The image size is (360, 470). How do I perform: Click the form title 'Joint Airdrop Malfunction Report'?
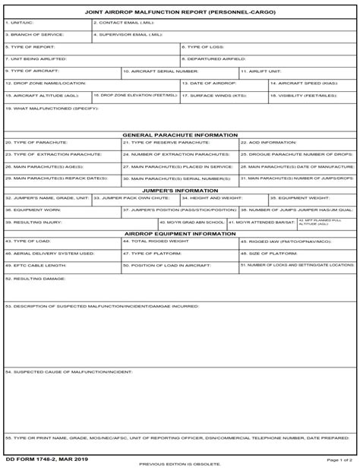179,13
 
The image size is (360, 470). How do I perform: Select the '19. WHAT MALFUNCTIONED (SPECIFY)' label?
52,109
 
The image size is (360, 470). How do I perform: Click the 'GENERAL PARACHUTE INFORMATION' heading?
180,135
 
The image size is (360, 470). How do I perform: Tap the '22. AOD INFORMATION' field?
297,145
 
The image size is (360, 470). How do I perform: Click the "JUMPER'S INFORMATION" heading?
180,191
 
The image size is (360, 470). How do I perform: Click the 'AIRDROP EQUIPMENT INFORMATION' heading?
180,234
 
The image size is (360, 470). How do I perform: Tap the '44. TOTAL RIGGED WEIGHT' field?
179,244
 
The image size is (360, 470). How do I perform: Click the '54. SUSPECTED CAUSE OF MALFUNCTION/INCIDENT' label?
69,372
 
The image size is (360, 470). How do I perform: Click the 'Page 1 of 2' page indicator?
339,459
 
